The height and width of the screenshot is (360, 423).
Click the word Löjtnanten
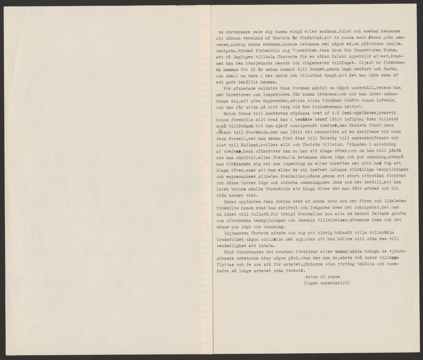[x=236, y=233]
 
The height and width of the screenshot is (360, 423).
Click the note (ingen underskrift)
[x=326, y=283]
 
